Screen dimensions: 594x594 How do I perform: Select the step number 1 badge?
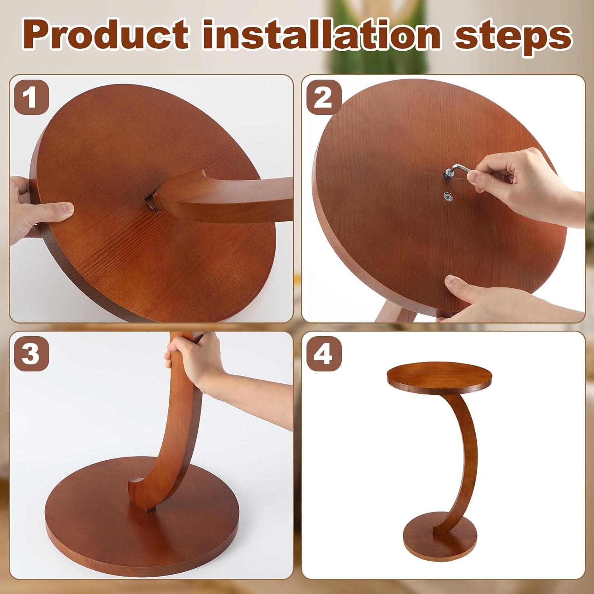(31, 97)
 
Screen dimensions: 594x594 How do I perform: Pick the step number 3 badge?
(31, 354)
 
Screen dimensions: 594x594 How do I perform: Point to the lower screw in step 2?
(448, 196)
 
